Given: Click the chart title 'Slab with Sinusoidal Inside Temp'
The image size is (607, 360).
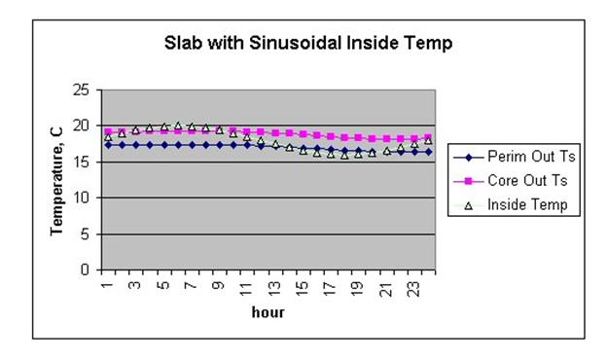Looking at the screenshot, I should coord(307,44).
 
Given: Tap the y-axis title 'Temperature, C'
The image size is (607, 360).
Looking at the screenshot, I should coord(58,180).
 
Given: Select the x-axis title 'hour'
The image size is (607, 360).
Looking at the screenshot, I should coord(268,313).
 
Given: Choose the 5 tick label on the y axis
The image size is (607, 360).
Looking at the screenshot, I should coord(89,234).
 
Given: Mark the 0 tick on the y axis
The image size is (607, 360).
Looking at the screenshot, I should coord(89,270).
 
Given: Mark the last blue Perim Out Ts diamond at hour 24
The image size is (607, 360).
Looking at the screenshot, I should coord(429,152).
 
